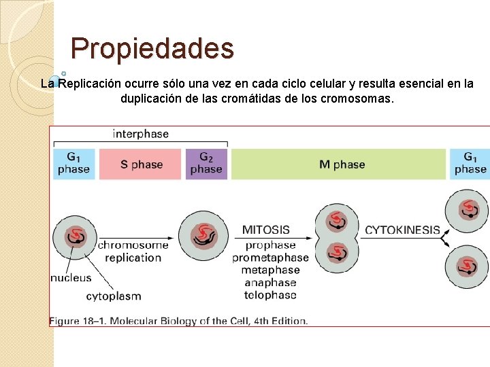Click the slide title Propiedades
(152, 49)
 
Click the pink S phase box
(142, 164)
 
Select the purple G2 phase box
(206, 164)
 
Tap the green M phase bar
(339, 164)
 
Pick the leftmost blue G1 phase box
(73, 164)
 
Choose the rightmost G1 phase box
(470, 164)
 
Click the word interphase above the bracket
(140, 134)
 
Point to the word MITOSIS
(266, 230)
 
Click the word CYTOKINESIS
(402, 230)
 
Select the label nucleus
(71, 277)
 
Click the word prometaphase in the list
(270, 258)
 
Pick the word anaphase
(270, 283)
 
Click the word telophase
(270, 295)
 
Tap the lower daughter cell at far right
(468, 265)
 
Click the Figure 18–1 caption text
(178, 321)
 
